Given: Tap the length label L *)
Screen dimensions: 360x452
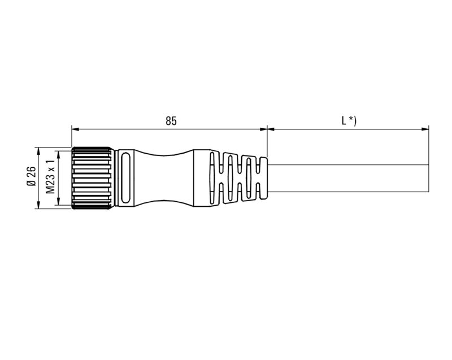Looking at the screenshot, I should [348, 120].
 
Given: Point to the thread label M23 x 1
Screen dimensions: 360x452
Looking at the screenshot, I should [50, 177].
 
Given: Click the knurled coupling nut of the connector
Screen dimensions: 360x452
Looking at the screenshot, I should [92, 178].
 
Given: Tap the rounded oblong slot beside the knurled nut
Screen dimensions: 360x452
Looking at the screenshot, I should [125, 178].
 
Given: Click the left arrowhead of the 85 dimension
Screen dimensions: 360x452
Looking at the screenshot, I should [75, 129].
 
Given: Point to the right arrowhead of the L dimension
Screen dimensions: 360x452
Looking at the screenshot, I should [425, 129].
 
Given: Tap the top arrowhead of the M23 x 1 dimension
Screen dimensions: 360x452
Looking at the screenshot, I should [59, 153].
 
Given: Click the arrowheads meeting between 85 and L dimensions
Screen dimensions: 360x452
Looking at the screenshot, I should [267, 129].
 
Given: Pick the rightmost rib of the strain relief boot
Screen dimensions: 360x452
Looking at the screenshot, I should [262, 178].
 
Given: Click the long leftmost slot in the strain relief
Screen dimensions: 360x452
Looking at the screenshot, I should [211, 178].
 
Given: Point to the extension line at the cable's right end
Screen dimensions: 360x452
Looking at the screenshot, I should [428, 147].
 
